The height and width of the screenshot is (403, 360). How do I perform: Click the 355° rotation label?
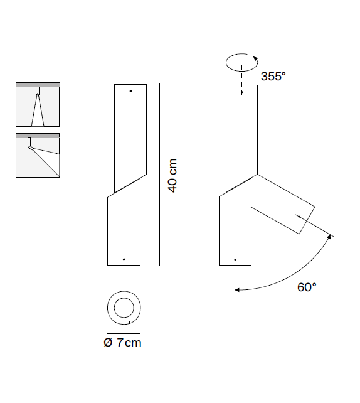pos(273,76)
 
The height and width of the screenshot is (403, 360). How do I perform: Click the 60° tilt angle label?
pos(307,287)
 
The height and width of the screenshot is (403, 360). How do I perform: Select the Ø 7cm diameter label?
pos(123,343)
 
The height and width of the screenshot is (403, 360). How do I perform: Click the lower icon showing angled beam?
pos(38,155)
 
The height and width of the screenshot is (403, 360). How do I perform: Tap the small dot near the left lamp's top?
pos(130,92)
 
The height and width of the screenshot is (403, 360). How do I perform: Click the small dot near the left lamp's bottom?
pos(124,259)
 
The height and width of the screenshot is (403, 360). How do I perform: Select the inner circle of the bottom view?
pos(124,308)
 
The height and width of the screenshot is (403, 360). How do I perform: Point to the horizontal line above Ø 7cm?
pos(124,333)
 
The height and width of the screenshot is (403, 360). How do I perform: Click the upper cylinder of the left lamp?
pos(130,132)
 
